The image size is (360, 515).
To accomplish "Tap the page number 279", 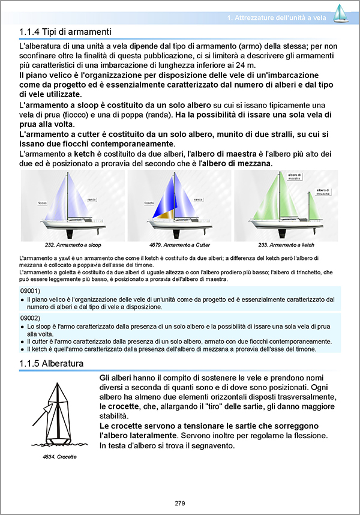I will pyautogui.click(x=180, y=503).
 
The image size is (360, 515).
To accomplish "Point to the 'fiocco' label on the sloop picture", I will pyautogui.click(x=43, y=203).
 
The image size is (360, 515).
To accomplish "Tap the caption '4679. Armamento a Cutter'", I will pyautogui.click(x=178, y=245).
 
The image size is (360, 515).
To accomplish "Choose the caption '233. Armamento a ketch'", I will pyautogui.click(x=286, y=245).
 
